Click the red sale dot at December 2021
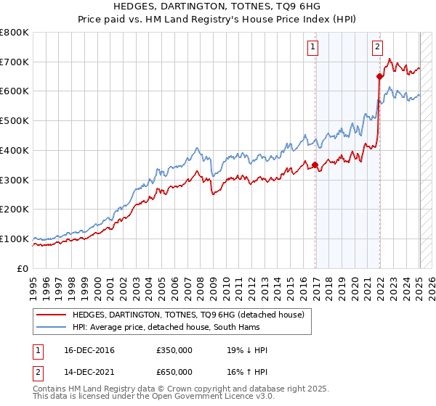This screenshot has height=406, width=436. tap(379, 76)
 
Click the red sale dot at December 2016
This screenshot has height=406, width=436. tap(315, 165)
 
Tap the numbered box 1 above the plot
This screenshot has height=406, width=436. tap(312, 48)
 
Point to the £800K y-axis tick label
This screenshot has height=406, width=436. tap(15, 33)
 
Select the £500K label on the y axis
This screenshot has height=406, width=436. tap(15, 121)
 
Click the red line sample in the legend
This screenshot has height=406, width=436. tap(51, 315)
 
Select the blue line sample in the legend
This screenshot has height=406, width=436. tap(51, 328)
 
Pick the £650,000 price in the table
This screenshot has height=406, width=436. tap(174, 372)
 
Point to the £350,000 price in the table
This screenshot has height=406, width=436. tap(174, 351)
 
